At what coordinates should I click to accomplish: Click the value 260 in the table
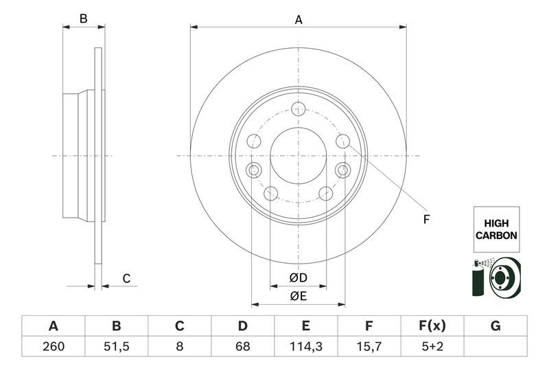coord(53,347)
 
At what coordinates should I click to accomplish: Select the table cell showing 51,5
coord(116,347)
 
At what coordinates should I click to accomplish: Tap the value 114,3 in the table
coord(306,347)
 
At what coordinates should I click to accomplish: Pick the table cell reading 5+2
coord(432,347)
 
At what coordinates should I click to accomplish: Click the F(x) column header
coord(432,325)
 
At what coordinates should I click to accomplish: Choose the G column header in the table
coord(495,325)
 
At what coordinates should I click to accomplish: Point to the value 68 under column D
coord(242,347)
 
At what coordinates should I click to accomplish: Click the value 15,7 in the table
coord(369,347)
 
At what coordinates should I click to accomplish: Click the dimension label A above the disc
coord(299,20)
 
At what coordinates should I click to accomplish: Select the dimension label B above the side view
coord(83,19)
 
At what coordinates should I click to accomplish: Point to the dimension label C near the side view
coord(126,278)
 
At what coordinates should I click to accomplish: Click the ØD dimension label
coord(298,278)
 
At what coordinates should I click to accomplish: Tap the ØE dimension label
coord(298,296)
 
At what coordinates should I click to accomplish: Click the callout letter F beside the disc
coord(426,220)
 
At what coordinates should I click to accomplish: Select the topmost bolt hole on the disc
coord(299,108)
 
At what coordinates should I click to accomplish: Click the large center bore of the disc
coord(299,155)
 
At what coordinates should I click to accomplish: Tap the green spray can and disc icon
coord(495,278)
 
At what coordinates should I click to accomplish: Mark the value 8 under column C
coord(179,347)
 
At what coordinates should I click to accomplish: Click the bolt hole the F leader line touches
coord(343,141)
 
